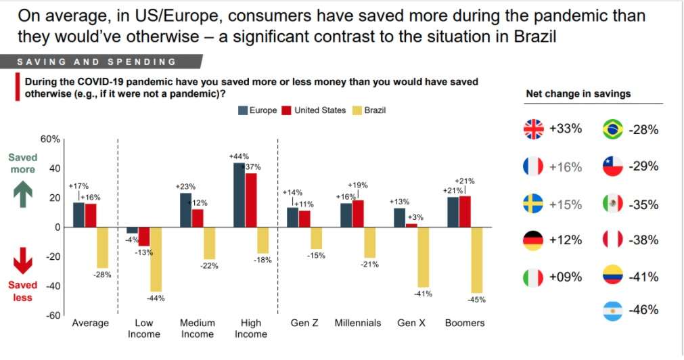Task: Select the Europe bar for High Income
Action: click(x=239, y=195)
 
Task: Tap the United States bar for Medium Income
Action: click(x=198, y=218)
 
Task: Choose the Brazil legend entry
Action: click(x=369, y=110)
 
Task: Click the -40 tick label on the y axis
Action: click(x=51, y=286)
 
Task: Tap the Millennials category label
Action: click(x=358, y=323)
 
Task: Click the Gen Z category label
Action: click(x=304, y=323)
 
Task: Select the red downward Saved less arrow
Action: click(x=22, y=261)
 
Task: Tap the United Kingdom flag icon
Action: click(x=534, y=129)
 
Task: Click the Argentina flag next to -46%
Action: click(x=612, y=311)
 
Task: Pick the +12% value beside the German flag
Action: click(x=565, y=240)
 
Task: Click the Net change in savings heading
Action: click(x=578, y=94)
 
